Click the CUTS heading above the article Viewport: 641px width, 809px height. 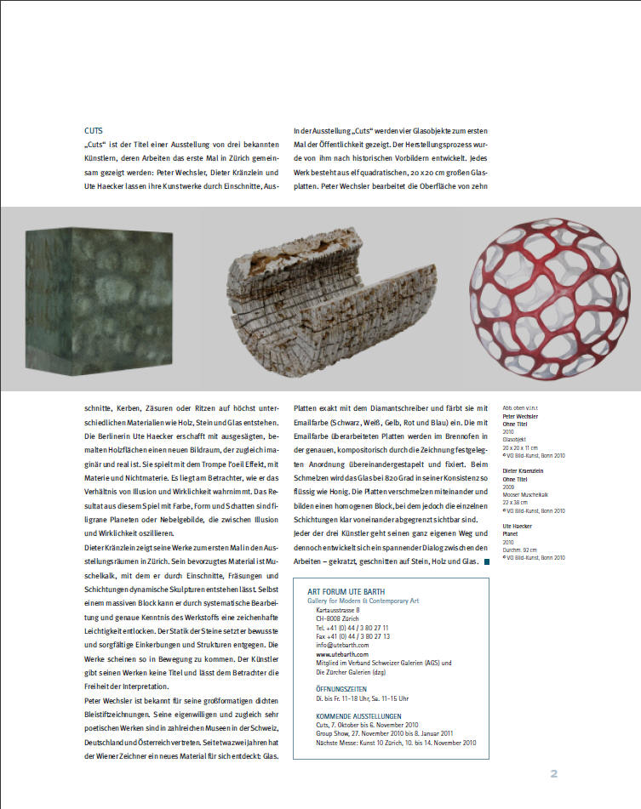click(x=94, y=132)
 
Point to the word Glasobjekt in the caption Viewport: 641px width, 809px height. click(x=515, y=441)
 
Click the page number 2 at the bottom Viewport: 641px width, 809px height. click(x=553, y=773)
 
